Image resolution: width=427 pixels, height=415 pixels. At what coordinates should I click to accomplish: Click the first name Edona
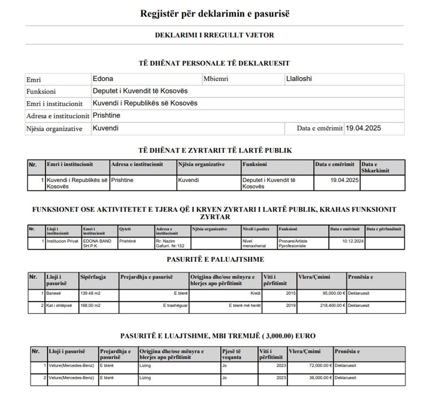tap(103, 79)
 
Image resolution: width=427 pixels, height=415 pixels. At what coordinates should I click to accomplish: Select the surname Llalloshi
tap(298, 79)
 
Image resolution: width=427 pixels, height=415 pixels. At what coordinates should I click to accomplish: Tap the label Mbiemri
tap(216, 79)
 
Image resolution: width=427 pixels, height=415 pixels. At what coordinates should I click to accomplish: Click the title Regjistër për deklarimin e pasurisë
tap(215, 13)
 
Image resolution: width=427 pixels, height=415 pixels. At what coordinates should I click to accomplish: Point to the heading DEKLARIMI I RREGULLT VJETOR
tap(214, 35)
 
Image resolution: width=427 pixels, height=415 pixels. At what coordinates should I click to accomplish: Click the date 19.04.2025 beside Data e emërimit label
tap(363, 128)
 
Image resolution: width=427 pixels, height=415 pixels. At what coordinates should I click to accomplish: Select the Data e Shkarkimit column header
tap(375, 167)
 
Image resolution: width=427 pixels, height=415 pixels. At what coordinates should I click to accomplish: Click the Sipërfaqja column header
tap(93, 277)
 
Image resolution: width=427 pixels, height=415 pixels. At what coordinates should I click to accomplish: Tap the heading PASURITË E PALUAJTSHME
tap(215, 260)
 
